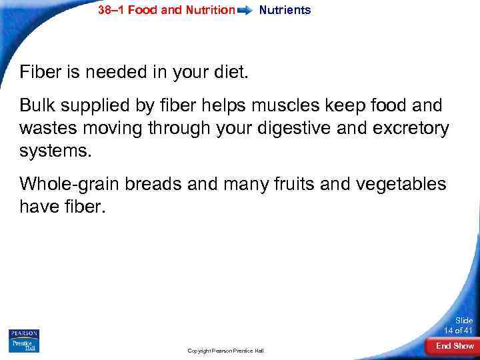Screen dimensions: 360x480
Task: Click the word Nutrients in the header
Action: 285,10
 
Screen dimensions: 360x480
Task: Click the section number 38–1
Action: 111,10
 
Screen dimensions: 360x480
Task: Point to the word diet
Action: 229,71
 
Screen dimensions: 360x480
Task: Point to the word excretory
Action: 413,127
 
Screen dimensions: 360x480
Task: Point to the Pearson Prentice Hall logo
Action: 24,340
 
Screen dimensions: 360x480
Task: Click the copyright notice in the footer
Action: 225,351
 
